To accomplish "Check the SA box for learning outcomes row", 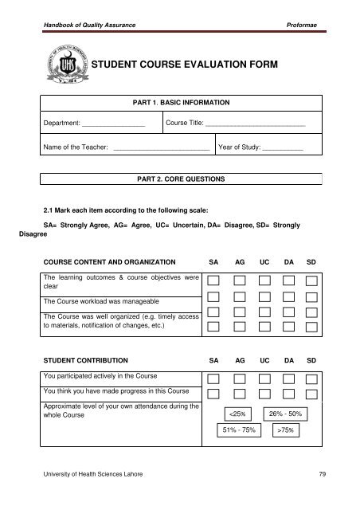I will (x=214, y=280).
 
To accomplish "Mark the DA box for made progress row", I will (x=288, y=394).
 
